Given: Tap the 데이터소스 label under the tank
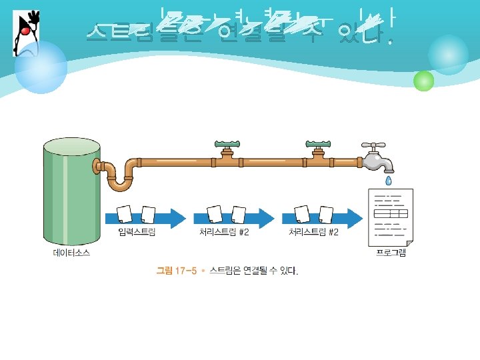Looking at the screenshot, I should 71,253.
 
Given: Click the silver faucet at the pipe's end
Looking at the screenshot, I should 376,157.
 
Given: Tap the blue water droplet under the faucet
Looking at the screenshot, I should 389,181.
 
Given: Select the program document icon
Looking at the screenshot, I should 391,217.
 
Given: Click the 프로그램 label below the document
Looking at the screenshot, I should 391,253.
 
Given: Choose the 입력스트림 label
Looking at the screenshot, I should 137,233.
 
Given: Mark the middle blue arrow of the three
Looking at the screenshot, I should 233,216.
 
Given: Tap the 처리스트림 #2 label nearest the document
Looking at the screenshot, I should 313,233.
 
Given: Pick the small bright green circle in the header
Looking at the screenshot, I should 423,81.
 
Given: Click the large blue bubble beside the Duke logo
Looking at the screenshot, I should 41,67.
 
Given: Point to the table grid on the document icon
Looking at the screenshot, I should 391,214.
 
